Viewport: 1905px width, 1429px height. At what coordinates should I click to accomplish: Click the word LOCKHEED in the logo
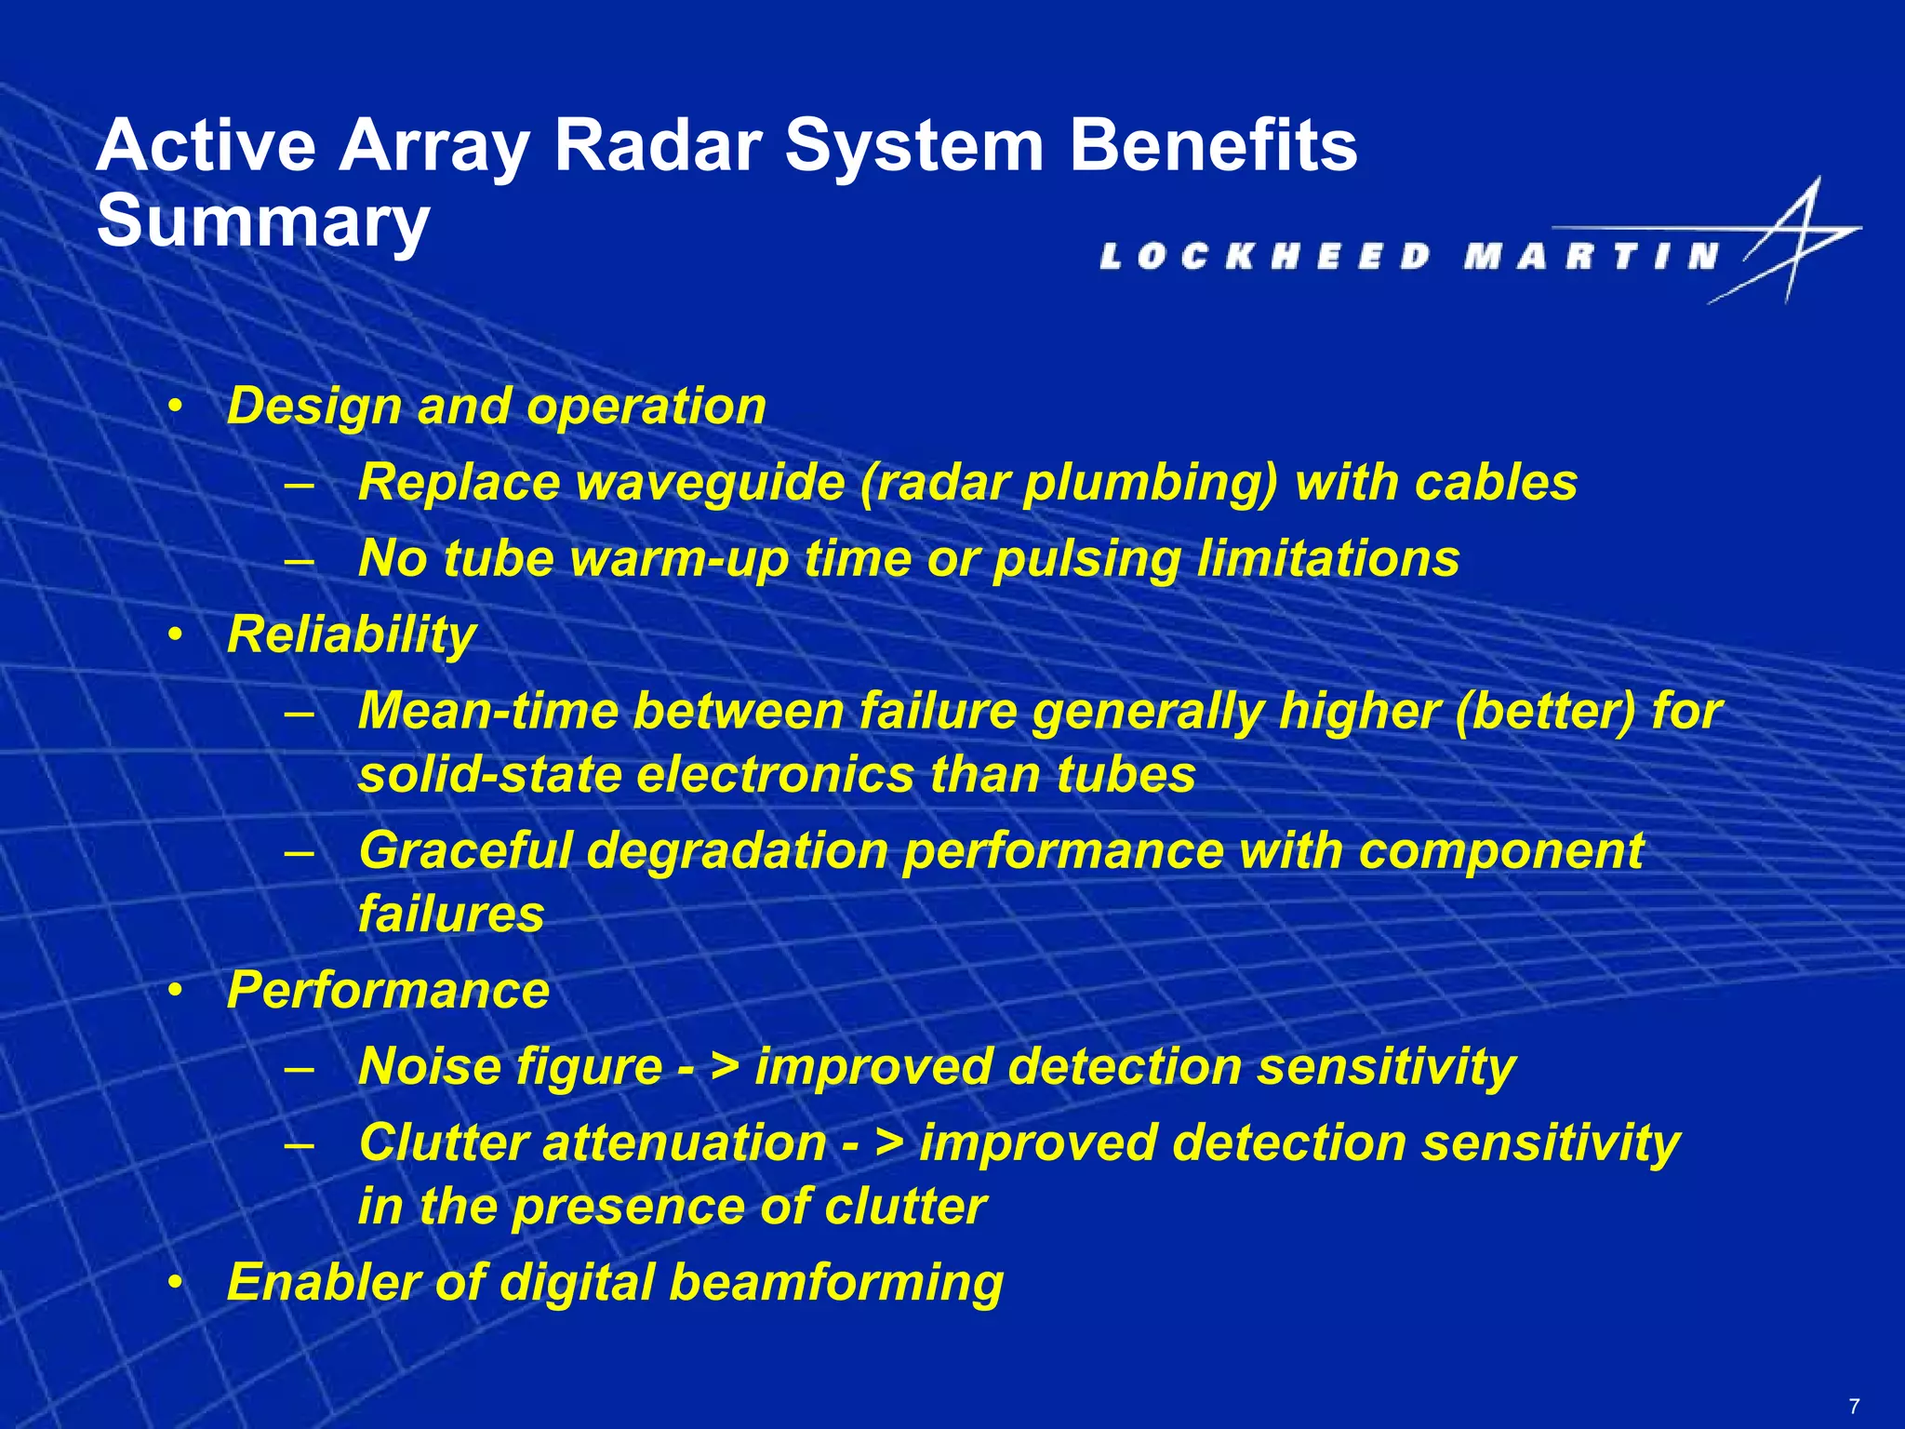click(1265, 256)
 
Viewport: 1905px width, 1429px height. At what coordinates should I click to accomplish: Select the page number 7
click(1854, 1407)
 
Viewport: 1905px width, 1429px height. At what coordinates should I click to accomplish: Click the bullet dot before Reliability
click(175, 635)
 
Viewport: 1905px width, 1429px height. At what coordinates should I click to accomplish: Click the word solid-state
click(489, 775)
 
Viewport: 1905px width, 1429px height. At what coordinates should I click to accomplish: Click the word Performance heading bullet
click(388, 990)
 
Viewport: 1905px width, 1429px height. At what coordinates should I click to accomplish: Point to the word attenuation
click(685, 1143)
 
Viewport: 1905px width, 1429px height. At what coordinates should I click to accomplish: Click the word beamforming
click(836, 1283)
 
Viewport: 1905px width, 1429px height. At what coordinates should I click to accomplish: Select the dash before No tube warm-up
click(300, 560)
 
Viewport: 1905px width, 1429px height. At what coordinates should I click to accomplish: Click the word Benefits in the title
click(1213, 146)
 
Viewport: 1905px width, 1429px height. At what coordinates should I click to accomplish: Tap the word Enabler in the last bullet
click(324, 1283)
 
